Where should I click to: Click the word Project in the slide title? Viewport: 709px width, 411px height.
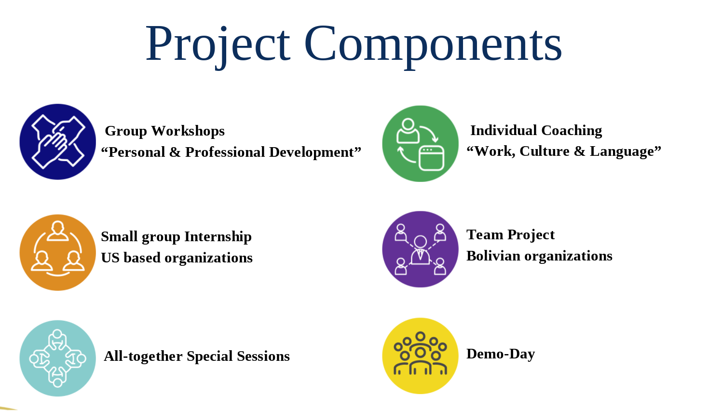tap(218, 44)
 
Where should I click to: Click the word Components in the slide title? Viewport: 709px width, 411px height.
tap(433, 44)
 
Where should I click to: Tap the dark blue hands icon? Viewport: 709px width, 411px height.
tap(58, 142)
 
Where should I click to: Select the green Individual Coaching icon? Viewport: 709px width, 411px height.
tap(420, 144)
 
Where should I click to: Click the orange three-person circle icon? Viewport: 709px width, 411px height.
tap(58, 252)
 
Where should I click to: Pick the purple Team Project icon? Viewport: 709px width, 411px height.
tap(420, 249)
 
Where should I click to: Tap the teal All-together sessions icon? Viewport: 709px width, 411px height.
tap(58, 358)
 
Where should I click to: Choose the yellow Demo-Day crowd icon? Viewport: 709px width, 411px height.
tap(420, 356)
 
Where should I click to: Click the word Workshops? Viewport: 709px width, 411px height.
tap(188, 131)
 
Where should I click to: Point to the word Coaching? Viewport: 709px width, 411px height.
tap(572, 131)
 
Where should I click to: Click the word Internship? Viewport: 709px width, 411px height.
tap(218, 237)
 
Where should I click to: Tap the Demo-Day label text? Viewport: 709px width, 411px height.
tap(500, 354)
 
